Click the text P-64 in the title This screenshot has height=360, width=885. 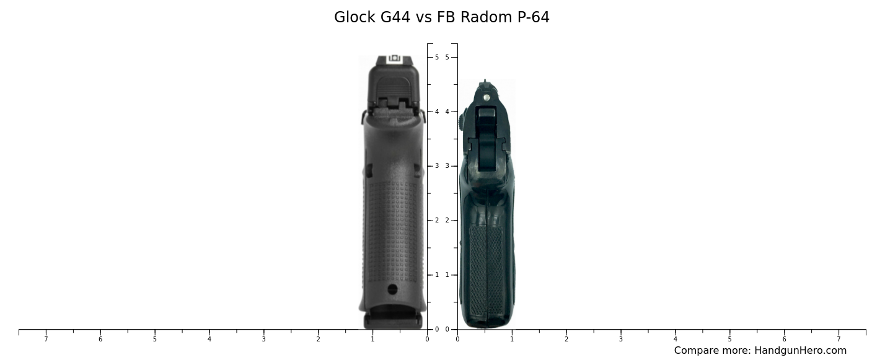tap(533, 17)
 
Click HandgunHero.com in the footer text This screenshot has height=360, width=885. tap(800, 351)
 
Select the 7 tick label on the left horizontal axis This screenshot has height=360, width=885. tap(46, 339)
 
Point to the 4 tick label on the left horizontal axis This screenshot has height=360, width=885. tap(209, 339)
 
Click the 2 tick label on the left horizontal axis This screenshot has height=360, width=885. tap(318, 339)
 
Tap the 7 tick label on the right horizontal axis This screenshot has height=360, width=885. tap(839, 339)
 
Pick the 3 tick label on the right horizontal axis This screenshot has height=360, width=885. tap(621, 339)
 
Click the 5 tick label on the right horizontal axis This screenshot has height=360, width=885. tap(729, 339)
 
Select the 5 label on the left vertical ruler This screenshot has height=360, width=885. tap(437, 57)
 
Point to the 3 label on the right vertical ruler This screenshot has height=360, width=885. tap(447, 166)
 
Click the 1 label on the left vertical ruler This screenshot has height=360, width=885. tap(437, 275)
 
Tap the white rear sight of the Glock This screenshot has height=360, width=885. tap(395, 59)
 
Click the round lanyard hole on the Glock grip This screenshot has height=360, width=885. tap(392, 289)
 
